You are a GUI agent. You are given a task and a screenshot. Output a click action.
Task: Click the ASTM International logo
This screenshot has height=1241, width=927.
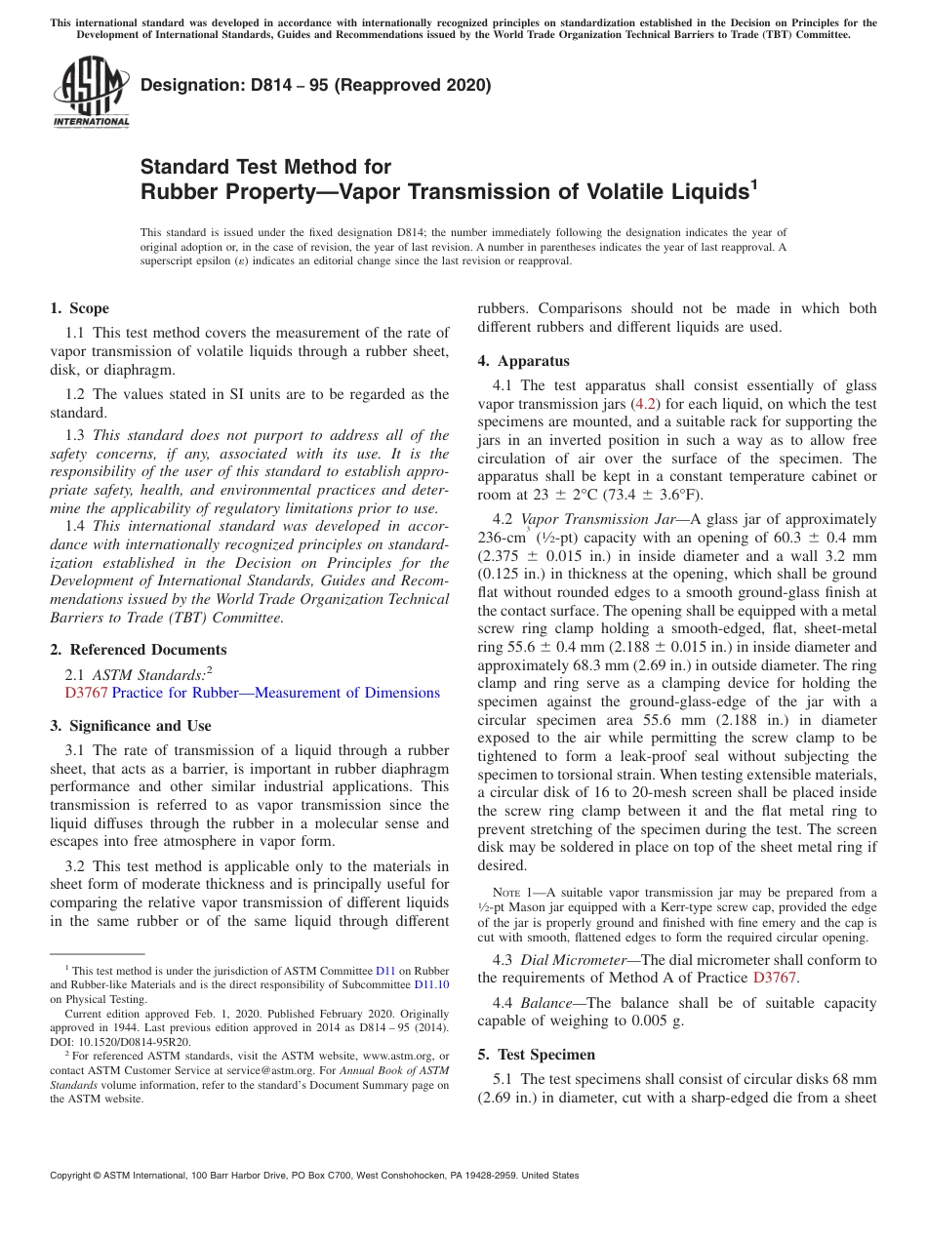click(91, 94)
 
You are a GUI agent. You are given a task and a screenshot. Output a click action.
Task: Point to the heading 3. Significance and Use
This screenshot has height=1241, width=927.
click(130, 726)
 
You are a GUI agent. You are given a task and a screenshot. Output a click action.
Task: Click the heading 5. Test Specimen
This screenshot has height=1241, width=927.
click(536, 1055)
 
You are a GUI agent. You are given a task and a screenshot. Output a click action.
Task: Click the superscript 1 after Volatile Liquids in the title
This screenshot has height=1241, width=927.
click(752, 182)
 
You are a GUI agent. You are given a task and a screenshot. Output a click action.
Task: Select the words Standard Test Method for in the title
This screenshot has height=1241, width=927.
click(265, 167)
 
